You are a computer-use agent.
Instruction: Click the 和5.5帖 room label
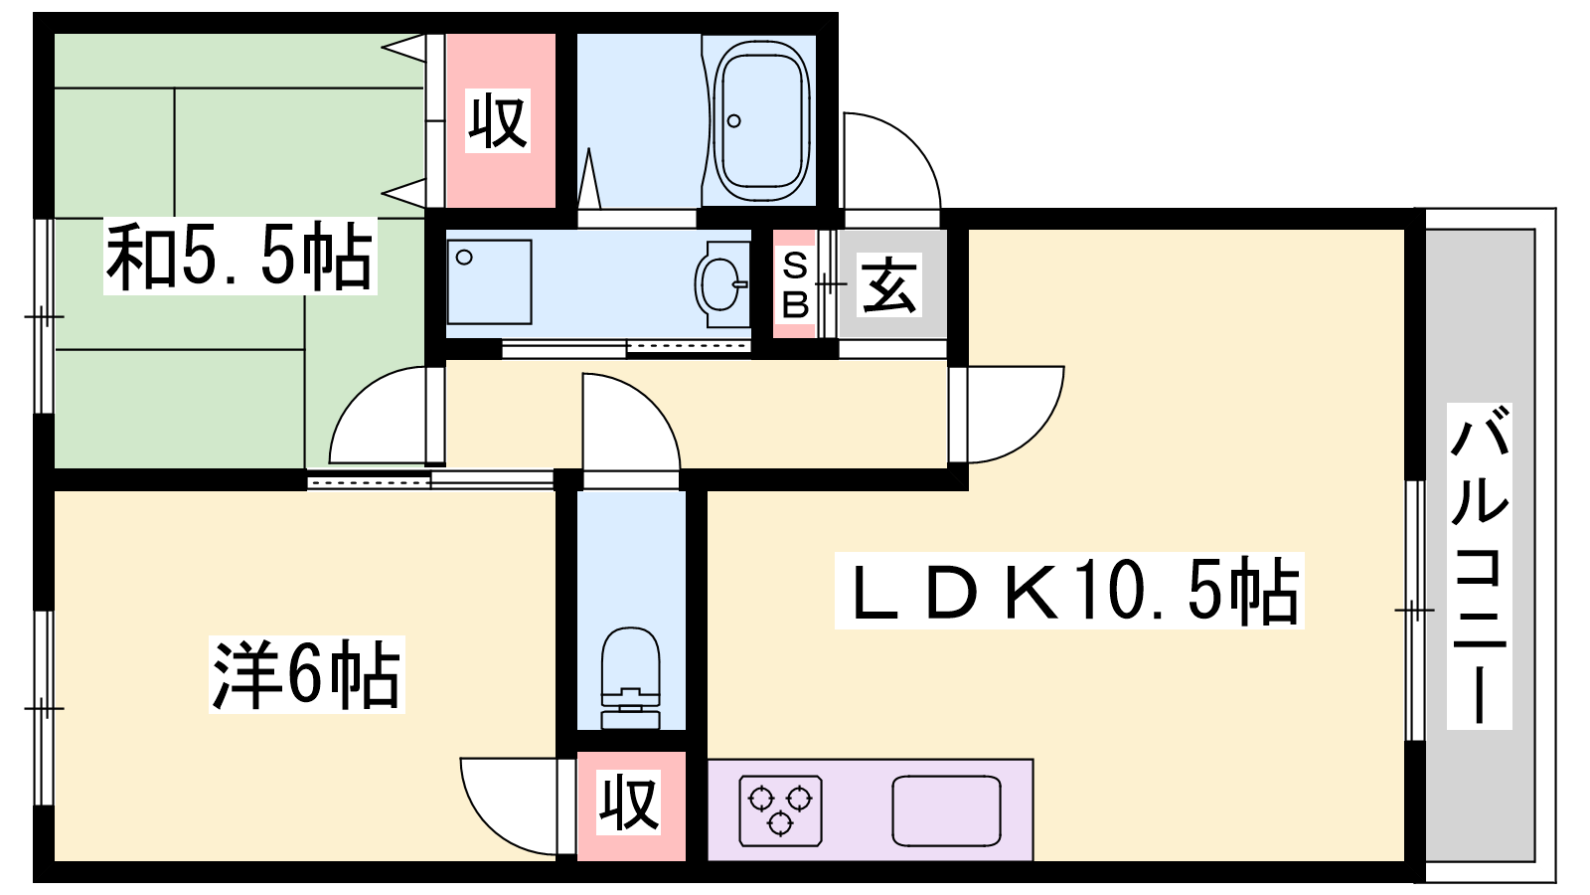239,256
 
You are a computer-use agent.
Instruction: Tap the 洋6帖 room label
307,674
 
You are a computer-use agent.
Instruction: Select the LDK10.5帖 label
1069,591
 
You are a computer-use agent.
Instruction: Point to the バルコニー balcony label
1480,566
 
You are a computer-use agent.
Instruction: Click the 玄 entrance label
889,284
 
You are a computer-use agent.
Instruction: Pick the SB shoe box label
795,285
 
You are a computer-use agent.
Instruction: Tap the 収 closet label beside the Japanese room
498,120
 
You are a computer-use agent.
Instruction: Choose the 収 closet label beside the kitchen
629,803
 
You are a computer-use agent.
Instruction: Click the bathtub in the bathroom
762,120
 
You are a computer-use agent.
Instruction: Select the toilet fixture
630,677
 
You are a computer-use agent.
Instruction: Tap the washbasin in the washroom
721,284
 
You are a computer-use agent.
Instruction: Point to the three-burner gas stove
780,810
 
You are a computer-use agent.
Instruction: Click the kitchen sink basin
946,810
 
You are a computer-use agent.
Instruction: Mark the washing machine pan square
490,282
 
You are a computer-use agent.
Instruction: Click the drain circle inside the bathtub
734,120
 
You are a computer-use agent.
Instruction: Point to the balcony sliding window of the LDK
1415,611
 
